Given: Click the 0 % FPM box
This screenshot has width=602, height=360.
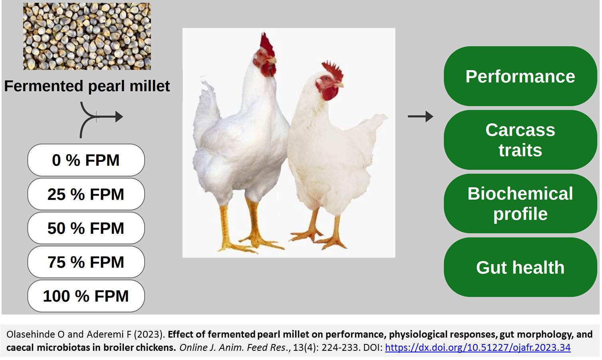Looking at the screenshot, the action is [86, 160].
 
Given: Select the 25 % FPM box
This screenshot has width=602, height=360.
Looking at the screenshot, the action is [86, 194].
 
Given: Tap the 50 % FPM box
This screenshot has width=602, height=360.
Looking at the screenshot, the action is [86, 228].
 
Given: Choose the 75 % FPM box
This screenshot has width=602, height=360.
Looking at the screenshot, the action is [86, 262].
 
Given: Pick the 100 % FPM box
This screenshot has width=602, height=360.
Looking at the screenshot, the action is [86, 296].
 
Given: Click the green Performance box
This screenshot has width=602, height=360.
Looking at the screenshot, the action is [520, 76].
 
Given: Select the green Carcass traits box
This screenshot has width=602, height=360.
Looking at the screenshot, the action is [520, 140].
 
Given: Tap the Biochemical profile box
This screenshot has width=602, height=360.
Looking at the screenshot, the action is [520, 203].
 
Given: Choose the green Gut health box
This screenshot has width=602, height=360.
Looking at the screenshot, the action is [520, 267].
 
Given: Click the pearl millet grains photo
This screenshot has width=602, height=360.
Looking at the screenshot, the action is [87, 36].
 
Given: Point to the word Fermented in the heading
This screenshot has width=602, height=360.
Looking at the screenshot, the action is [44, 86].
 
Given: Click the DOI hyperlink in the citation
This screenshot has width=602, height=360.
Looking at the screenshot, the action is [478, 348].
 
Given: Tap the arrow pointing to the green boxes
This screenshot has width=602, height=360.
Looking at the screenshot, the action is [420, 116].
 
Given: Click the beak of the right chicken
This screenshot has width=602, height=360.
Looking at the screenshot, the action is [339, 86].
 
